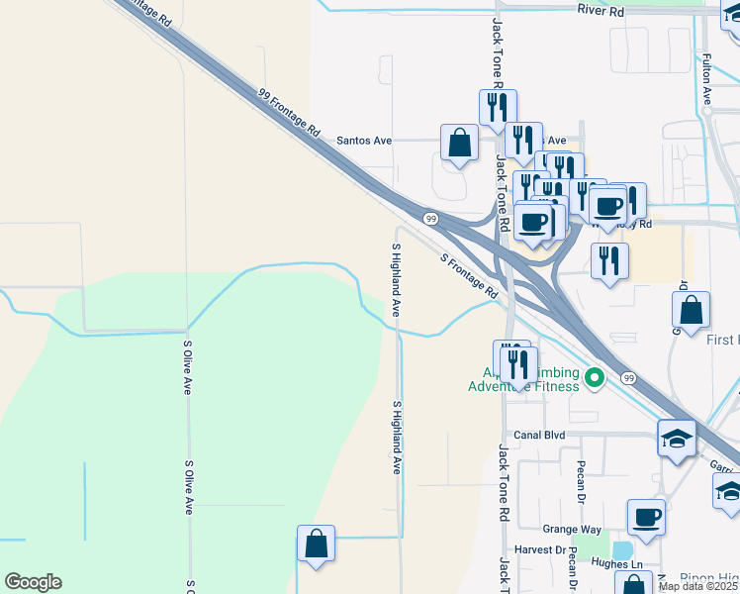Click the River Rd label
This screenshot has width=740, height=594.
pyautogui.click(x=602, y=11)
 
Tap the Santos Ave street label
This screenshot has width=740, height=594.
pyautogui.click(x=364, y=141)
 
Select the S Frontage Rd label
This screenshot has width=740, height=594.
pyautogui.click(x=469, y=277)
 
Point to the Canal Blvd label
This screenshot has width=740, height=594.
pyautogui.click(x=538, y=435)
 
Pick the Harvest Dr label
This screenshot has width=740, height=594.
pyautogui.click(x=539, y=549)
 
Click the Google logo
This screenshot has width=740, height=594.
pyautogui.click(x=33, y=582)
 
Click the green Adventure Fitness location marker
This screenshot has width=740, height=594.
pyautogui.click(x=594, y=376)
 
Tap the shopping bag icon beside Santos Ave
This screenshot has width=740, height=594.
pyautogui.click(x=460, y=144)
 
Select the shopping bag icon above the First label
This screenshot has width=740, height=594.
pyautogui.click(x=693, y=309)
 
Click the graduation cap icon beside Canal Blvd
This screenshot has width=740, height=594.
pyautogui.click(x=678, y=439)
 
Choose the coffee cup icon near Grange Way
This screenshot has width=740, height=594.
pyautogui.click(x=647, y=517)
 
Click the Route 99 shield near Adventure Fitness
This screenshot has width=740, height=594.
pyautogui.click(x=628, y=377)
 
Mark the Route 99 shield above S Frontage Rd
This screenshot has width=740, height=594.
pyautogui.click(x=430, y=218)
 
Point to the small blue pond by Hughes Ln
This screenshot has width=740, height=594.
pyautogui.click(x=622, y=550)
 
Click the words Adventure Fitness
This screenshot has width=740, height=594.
pyautogui.click(x=523, y=386)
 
